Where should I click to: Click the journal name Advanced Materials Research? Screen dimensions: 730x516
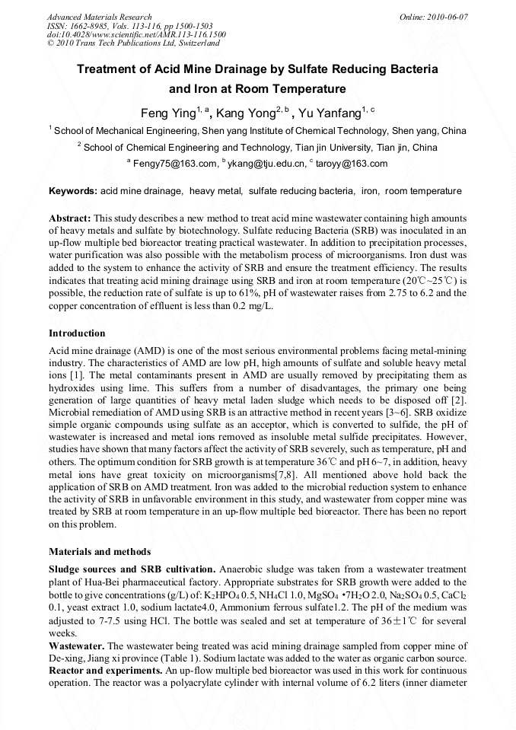coord(99,17)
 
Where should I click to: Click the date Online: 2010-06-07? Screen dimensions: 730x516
coord(433,17)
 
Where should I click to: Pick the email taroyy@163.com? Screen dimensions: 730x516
coord(353,164)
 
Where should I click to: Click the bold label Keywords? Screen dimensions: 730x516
coord(72,190)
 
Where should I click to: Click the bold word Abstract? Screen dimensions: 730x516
coord(70,218)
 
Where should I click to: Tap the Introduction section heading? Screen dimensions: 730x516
coord(77,333)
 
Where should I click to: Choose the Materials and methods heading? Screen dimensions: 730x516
coord(100,551)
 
